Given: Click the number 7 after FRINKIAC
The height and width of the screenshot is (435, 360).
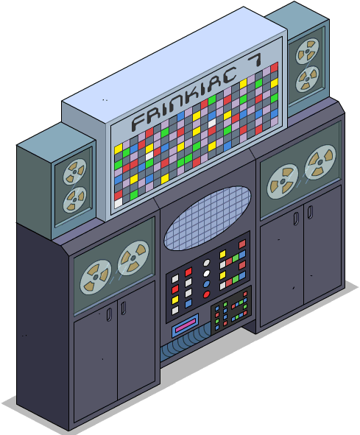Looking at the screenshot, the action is [254, 60].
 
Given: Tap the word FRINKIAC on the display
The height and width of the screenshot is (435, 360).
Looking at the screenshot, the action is [184, 98].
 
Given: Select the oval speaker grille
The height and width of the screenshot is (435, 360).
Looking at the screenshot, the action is [207, 218].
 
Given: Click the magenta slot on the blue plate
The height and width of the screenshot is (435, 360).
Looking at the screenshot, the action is [185, 325].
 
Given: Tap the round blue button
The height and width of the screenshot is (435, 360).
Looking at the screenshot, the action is [207, 284].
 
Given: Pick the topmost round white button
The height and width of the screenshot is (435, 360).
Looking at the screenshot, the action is [207, 263].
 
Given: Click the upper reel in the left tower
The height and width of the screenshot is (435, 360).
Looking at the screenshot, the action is [74, 172].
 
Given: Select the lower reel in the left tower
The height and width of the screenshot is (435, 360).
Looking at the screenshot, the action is [74, 199].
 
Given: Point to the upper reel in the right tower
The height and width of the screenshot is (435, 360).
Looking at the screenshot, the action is [307, 52].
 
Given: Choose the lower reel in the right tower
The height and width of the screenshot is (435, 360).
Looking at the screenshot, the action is [307, 79].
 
